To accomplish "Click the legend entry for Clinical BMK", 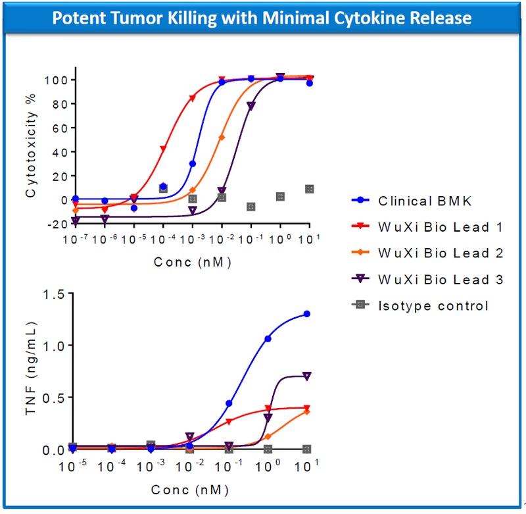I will click(424, 201).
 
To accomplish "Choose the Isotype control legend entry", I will click(433, 305).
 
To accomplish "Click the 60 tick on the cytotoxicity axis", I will click(54, 128).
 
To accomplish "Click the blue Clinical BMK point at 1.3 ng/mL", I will click(306, 314).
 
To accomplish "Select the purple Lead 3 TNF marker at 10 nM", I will click(306, 376).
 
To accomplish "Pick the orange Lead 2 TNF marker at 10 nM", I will click(306, 411).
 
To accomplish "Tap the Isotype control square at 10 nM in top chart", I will click(309, 189).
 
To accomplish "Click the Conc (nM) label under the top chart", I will click(192, 262).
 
